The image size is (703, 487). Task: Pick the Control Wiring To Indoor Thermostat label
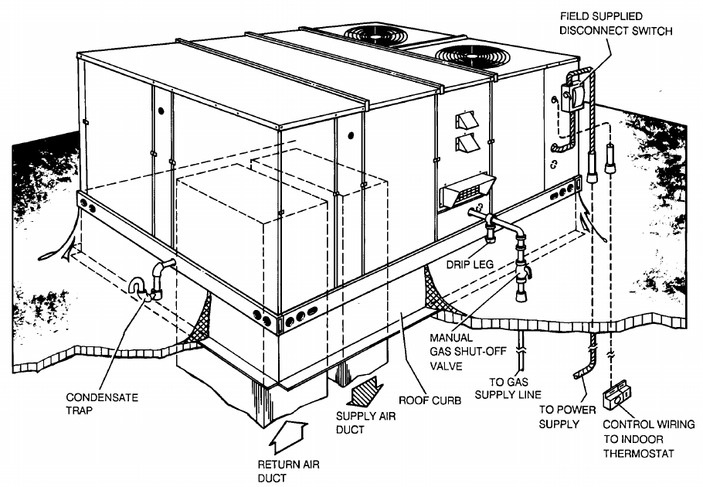(648, 438)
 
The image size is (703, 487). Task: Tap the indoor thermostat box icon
(619, 397)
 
